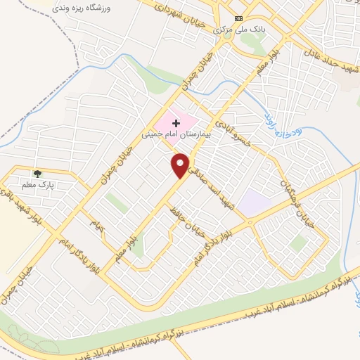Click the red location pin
181,165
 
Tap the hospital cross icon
176,123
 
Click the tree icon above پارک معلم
37,173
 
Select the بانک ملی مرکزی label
231,30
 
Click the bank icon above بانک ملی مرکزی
239,18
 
